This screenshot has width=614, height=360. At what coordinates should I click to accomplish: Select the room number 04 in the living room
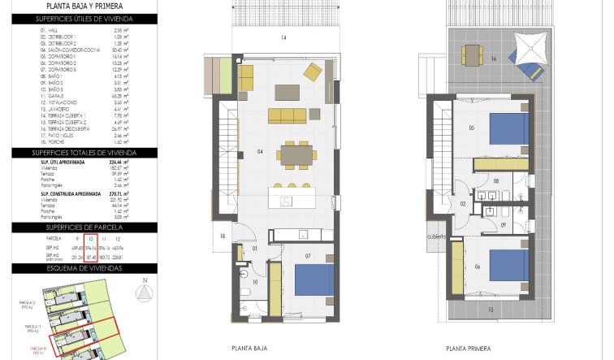click(x=260, y=152)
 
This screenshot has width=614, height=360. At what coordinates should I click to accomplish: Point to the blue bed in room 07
click(x=313, y=281)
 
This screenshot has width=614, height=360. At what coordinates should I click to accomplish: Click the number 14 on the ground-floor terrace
click(x=283, y=38)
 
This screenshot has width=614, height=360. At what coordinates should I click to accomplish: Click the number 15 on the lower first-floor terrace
click(x=491, y=310)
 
